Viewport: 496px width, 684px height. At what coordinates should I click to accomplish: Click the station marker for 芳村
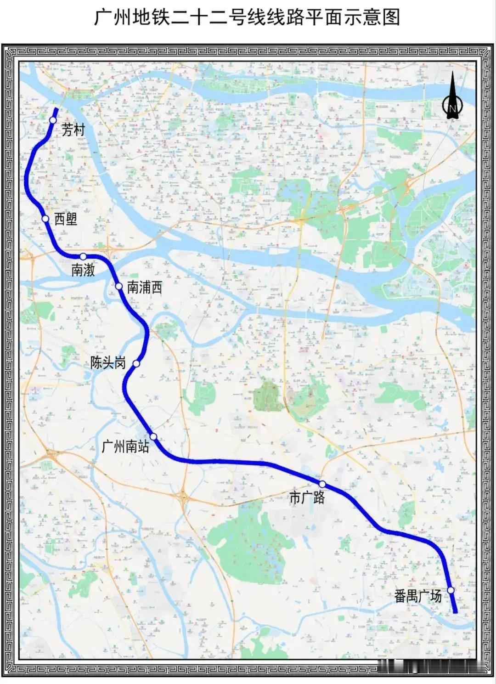click(53, 120)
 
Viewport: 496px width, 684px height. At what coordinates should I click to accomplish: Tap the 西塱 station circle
click(45, 219)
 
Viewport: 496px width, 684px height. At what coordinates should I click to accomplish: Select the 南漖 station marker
click(83, 256)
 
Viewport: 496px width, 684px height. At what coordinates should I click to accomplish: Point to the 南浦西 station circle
click(119, 287)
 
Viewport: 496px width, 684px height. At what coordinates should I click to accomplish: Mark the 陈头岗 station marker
click(136, 364)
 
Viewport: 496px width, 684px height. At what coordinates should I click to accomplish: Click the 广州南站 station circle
click(153, 436)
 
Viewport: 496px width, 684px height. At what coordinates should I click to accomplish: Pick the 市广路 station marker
click(322, 484)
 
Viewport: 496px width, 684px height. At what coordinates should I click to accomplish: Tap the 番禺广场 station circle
click(451, 590)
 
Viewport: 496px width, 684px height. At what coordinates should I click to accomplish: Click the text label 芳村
click(73, 130)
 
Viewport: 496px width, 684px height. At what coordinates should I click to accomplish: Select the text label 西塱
click(66, 219)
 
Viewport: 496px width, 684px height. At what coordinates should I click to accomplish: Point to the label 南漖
click(83, 270)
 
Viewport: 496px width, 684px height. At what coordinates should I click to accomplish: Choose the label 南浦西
click(144, 288)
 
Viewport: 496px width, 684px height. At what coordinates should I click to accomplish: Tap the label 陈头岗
click(108, 363)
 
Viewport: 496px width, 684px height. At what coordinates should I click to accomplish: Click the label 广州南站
click(125, 446)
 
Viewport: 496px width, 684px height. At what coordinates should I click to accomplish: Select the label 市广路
click(307, 497)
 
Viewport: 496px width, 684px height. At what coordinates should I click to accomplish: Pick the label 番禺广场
click(418, 596)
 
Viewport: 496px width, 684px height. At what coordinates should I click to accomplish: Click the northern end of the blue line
click(56, 109)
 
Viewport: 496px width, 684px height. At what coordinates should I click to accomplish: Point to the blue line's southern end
click(456, 612)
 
